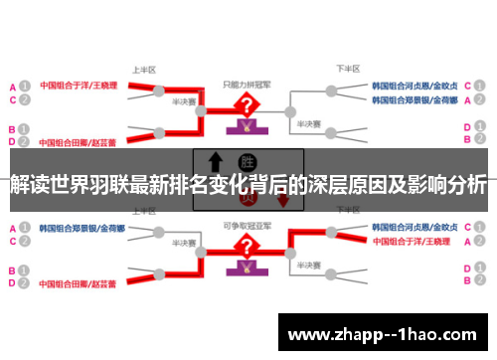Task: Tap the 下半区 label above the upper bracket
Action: [347, 70]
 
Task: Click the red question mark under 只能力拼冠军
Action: [243, 106]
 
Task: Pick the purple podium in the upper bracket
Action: [243, 128]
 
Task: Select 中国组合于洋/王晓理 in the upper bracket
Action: [78, 86]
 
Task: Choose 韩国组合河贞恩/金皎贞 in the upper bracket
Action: [415, 86]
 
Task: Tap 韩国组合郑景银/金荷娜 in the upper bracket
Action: [415, 100]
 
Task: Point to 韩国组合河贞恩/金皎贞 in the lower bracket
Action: [415, 227]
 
